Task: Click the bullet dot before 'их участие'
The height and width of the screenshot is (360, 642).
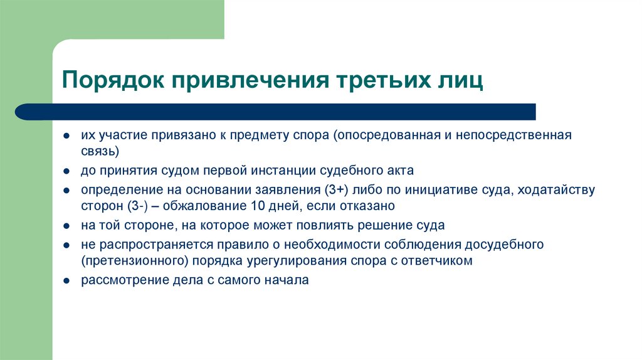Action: (66, 136)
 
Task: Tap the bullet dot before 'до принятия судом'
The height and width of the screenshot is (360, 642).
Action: (66, 171)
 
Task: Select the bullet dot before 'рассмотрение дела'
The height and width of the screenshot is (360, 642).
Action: (66, 281)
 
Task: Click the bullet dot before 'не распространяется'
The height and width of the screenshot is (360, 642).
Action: (66, 245)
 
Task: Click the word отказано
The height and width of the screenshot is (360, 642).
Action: (369, 206)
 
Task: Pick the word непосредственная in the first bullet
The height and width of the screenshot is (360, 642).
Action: (524, 135)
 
